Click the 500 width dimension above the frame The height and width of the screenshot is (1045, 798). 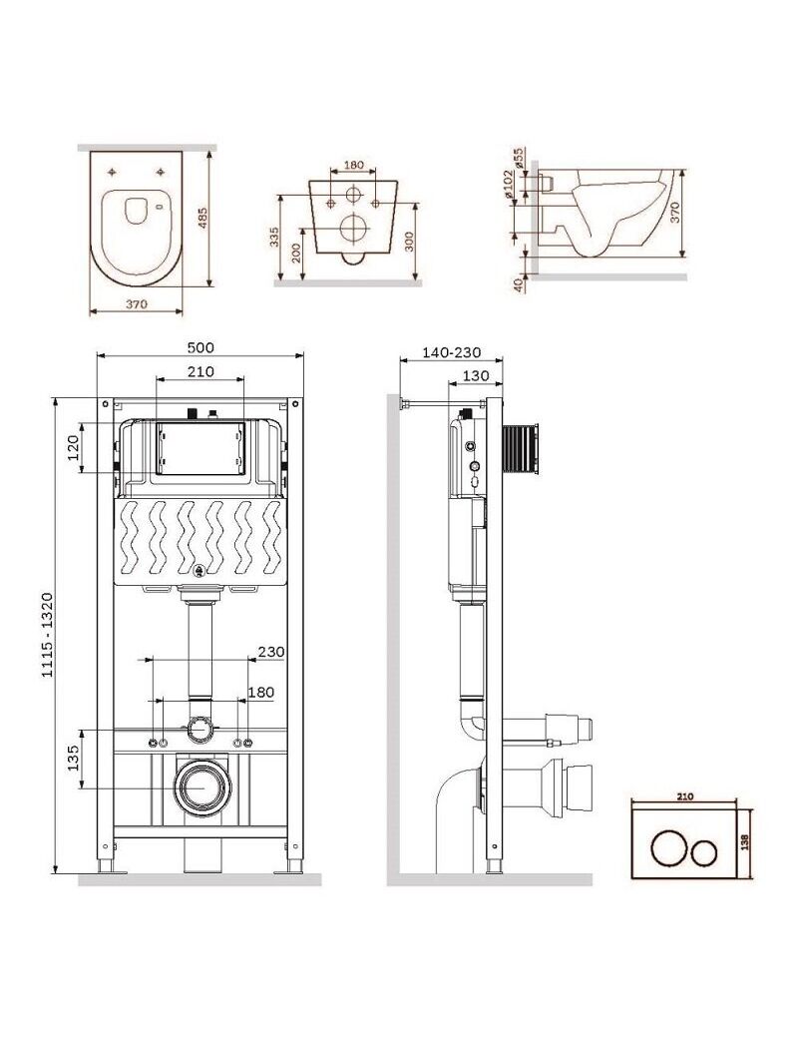200,347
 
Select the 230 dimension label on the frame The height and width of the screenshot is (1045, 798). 270,652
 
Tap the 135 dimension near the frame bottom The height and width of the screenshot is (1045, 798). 73,758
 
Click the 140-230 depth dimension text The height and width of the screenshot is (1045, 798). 451,352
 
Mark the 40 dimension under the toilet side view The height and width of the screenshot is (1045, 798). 519,283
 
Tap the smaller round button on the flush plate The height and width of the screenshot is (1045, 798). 706,851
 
